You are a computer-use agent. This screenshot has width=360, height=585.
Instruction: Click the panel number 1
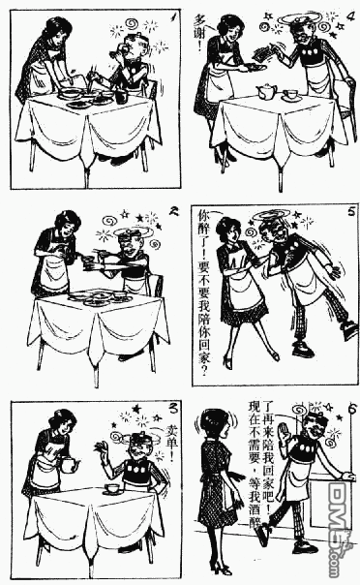click(x=170, y=16)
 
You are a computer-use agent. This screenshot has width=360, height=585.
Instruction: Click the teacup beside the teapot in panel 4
click(x=291, y=94)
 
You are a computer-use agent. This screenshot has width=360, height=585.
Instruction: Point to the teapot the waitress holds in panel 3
click(x=69, y=465)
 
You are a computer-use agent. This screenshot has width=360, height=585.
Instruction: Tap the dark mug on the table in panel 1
click(x=120, y=96)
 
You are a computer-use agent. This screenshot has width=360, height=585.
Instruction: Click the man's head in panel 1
click(x=131, y=46)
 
